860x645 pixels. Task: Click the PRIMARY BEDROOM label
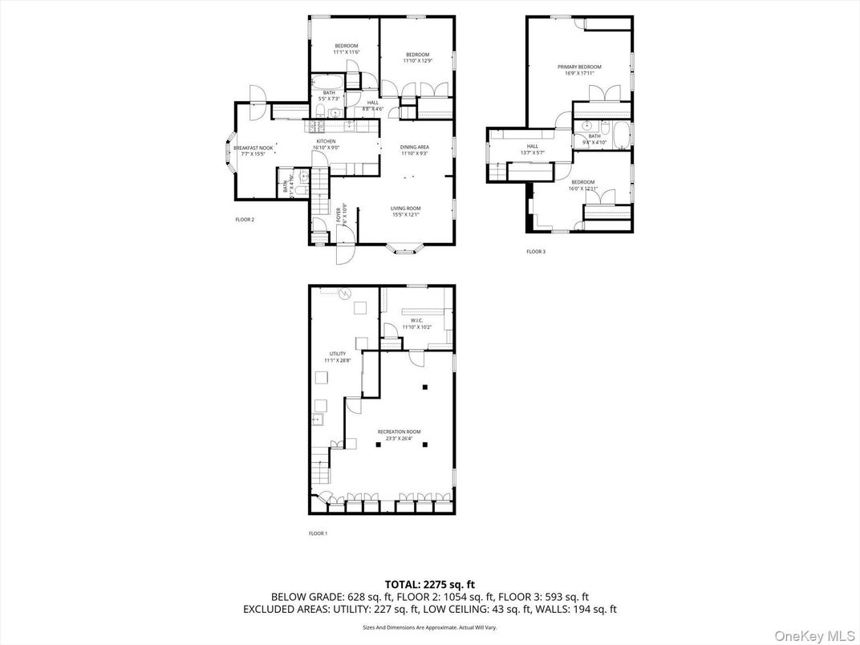point(579,67)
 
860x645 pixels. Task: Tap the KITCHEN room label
point(325,141)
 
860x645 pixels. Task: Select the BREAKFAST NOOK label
point(254,148)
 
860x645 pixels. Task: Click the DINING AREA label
point(415,147)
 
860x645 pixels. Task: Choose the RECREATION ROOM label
point(399,432)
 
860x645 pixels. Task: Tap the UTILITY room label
point(338,354)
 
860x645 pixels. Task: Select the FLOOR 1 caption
point(318,533)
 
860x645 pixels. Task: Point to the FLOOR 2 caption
point(245,219)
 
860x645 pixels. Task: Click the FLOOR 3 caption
point(536,251)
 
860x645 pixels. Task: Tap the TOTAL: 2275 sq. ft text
point(429,584)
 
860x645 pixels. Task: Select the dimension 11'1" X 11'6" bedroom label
point(347,52)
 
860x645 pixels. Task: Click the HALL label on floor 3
point(532,146)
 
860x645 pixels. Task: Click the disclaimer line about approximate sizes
point(429,627)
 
